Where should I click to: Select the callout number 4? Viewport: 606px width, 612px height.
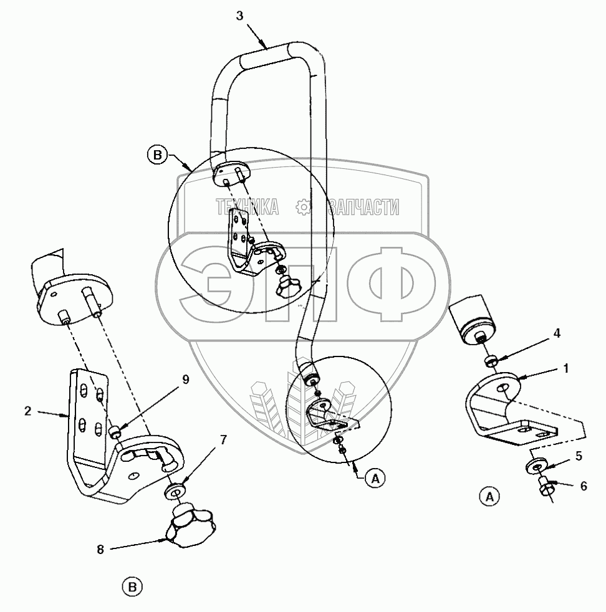(x=557, y=333)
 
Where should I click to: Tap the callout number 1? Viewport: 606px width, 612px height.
(x=565, y=368)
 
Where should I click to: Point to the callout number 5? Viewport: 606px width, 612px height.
(x=579, y=456)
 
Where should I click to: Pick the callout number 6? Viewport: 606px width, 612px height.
(x=584, y=486)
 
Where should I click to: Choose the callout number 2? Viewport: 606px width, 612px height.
(x=28, y=411)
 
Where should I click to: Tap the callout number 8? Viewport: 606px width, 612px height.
(x=100, y=549)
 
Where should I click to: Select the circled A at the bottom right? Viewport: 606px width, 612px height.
(x=489, y=497)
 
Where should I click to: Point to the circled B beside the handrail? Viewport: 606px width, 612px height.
(x=158, y=154)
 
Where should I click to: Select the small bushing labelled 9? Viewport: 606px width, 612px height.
(x=115, y=431)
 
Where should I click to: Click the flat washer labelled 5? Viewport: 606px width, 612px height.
(x=537, y=465)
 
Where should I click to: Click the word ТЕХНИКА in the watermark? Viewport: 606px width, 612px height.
(x=247, y=208)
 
